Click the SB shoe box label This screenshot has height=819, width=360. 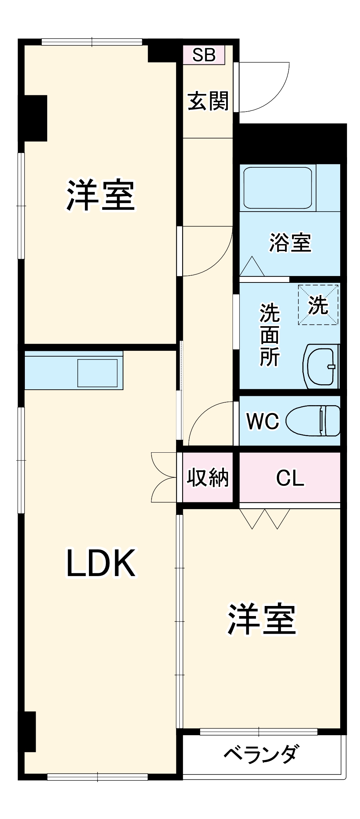(204, 55)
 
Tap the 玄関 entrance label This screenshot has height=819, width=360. (208, 101)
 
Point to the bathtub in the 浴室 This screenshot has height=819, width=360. (277, 187)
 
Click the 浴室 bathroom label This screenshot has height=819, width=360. (290, 243)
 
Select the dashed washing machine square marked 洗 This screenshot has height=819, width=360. (318, 305)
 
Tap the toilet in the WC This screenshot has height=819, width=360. (313, 420)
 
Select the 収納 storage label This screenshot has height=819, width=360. (208, 478)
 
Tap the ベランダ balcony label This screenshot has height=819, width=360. (261, 753)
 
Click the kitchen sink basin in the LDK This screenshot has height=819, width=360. (98, 373)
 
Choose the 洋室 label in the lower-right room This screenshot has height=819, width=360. (262, 619)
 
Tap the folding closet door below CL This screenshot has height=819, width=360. (265, 519)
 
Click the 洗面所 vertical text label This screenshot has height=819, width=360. (270, 335)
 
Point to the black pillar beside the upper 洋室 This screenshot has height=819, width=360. (35, 118)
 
